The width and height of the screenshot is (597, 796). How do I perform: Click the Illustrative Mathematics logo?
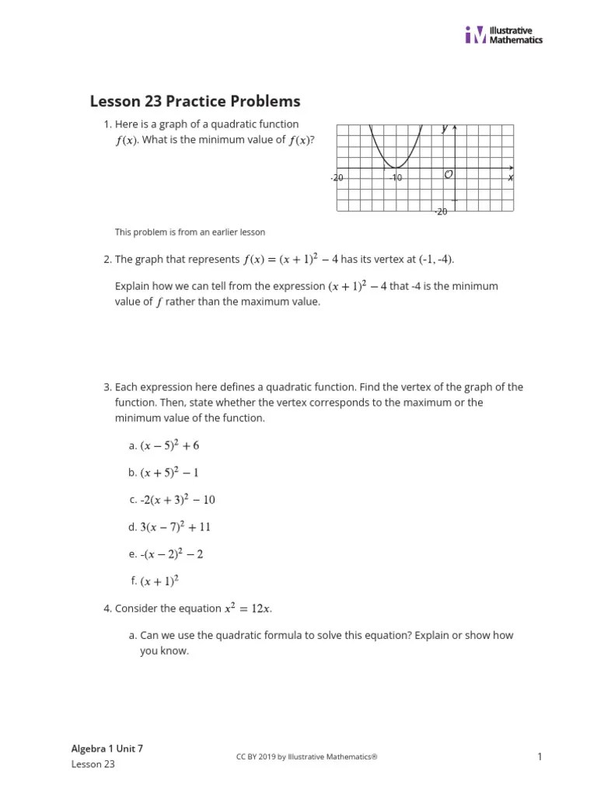[x=504, y=34]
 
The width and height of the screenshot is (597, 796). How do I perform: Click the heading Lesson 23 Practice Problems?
[x=195, y=102]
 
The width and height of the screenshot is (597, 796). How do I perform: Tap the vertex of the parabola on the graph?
[x=396, y=167]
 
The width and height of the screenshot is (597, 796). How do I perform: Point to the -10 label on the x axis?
[x=396, y=178]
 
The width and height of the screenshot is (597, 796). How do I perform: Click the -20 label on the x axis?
[x=337, y=178]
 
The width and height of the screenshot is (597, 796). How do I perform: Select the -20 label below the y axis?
[x=440, y=211]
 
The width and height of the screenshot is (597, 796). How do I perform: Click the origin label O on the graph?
[x=449, y=175]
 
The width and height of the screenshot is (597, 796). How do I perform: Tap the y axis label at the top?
[x=445, y=128]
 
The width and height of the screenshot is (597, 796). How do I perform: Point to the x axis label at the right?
[x=511, y=178]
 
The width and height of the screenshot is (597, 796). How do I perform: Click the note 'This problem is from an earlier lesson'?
[x=190, y=232]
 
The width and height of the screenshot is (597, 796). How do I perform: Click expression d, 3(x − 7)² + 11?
[x=175, y=527]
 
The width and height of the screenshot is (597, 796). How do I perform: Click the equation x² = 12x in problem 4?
[x=248, y=609]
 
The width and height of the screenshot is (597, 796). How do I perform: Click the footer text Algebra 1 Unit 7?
[x=107, y=749]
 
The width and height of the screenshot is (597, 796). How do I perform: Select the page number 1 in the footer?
[x=539, y=756]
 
